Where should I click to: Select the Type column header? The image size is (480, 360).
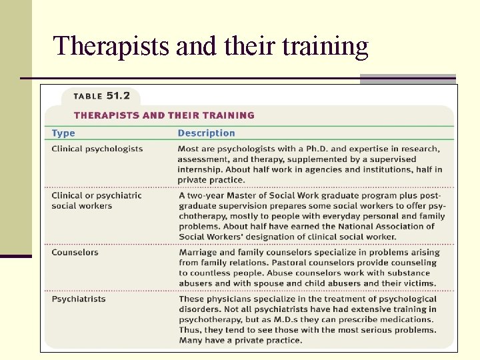pos(63,133)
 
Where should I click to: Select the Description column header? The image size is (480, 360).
pos(206,133)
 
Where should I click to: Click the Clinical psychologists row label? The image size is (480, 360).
pos(97,149)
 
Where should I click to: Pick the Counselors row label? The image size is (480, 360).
pos(75,253)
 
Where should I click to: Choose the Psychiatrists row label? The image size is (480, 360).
pos(78,299)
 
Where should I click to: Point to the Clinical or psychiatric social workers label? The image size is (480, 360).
pos(96,201)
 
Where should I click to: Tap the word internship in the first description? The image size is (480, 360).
pos(200,169)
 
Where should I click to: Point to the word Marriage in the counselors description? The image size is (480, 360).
pos(198,253)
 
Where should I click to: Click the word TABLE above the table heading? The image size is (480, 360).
pos(87,97)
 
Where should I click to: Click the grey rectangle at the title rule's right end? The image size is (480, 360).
pos(407,79)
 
